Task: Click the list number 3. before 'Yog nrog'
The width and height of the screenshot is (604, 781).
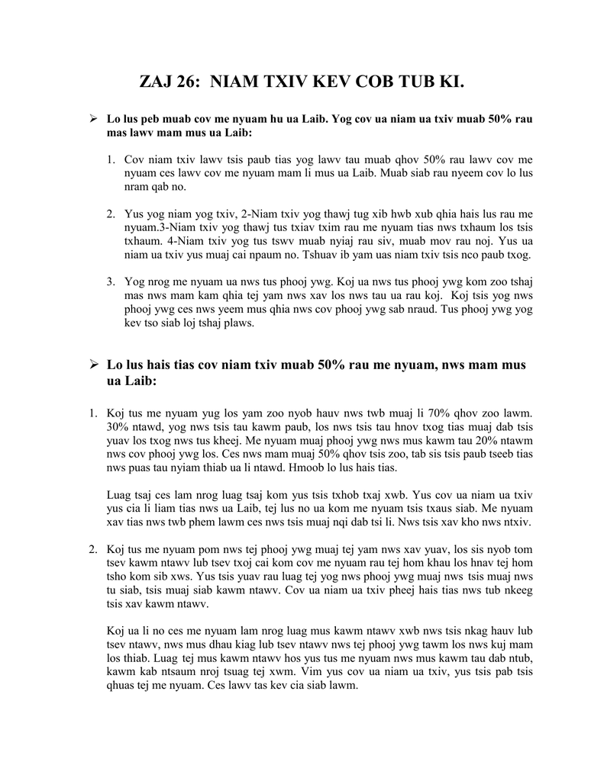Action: tap(111, 281)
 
